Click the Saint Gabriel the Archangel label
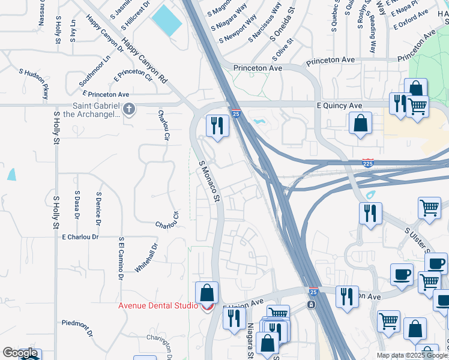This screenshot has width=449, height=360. (95, 110)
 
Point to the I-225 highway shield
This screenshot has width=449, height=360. (368, 163)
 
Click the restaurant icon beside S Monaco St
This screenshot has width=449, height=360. (217, 125)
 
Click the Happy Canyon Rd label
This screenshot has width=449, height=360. (144, 61)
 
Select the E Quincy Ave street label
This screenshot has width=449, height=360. (339, 106)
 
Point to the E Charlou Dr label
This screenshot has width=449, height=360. (88, 237)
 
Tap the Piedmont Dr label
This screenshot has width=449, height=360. (77, 328)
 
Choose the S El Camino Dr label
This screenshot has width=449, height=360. (121, 258)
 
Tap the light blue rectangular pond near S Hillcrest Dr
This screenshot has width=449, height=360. (166, 20)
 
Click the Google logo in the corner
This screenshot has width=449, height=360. (19, 353)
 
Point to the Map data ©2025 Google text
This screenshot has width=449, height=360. (412, 355)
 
